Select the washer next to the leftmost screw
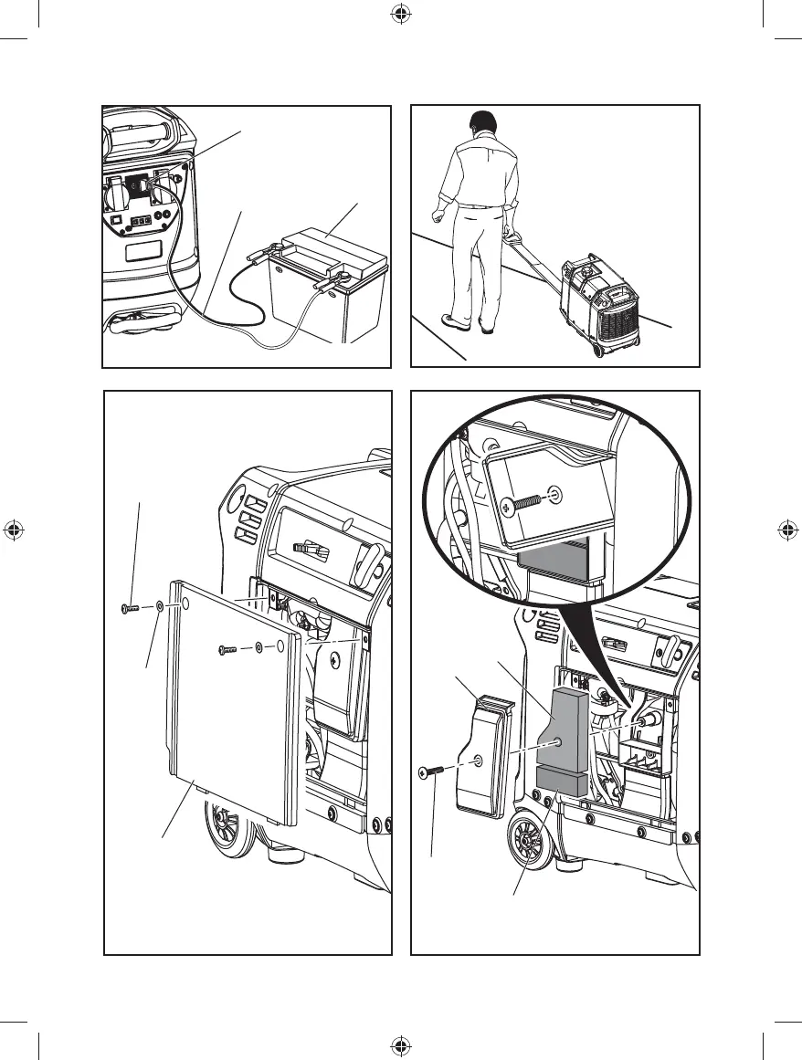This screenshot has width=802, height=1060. click(x=161, y=605)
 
